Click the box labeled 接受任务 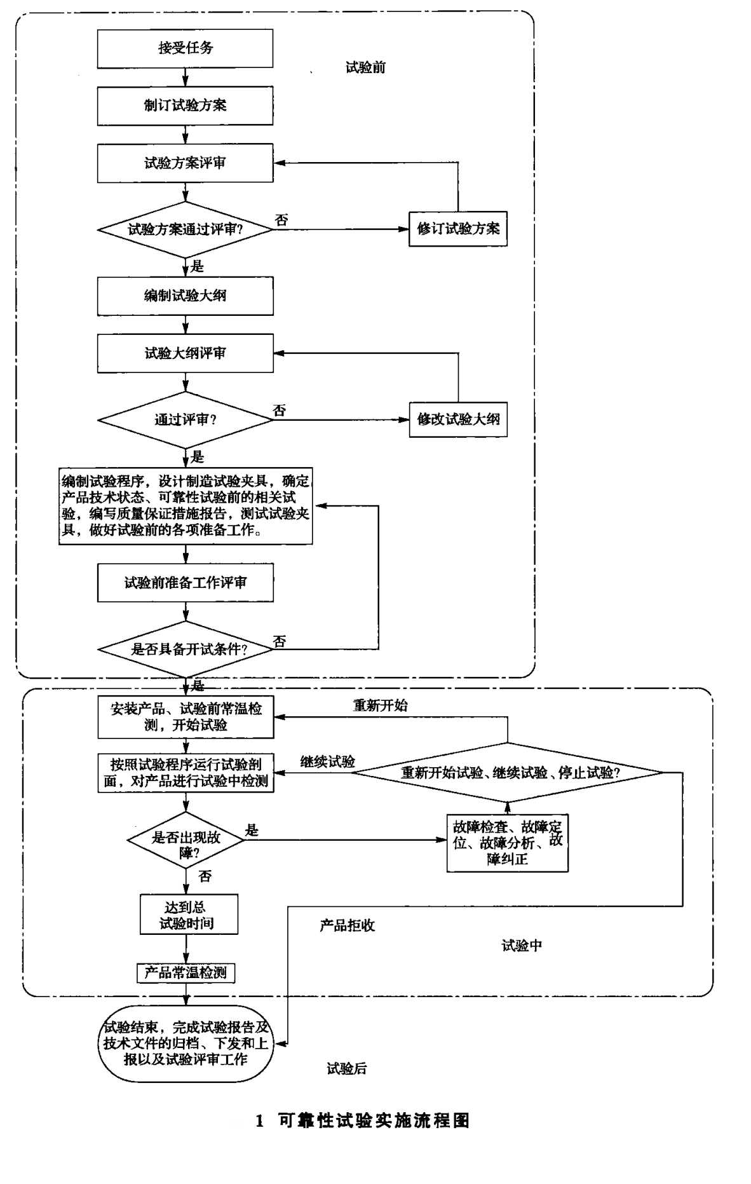click(x=185, y=48)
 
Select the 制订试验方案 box click(x=185, y=105)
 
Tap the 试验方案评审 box click(x=185, y=163)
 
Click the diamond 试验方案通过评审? click(x=185, y=229)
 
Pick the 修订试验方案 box click(x=457, y=229)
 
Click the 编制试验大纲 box click(x=185, y=296)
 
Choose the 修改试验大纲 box click(x=457, y=419)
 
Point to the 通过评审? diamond click(x=185, y=420)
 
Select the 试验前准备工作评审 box click(x=185, y=582)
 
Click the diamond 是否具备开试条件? click(x=185, y=649)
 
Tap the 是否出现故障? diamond click(x=186, y=845)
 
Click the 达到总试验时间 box click(x=189, y=915)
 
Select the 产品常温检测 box click(x=186, y=972)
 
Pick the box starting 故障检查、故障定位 click(x=507, y=843)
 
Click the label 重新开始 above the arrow click(x=380, y=705)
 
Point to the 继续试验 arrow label click(x=327, y=761)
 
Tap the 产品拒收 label click(x=347, y=925)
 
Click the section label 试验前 click(x=365, y=67)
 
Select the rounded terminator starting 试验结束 click(x=186, y=1043)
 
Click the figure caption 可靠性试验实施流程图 click(x=374, y=1121)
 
